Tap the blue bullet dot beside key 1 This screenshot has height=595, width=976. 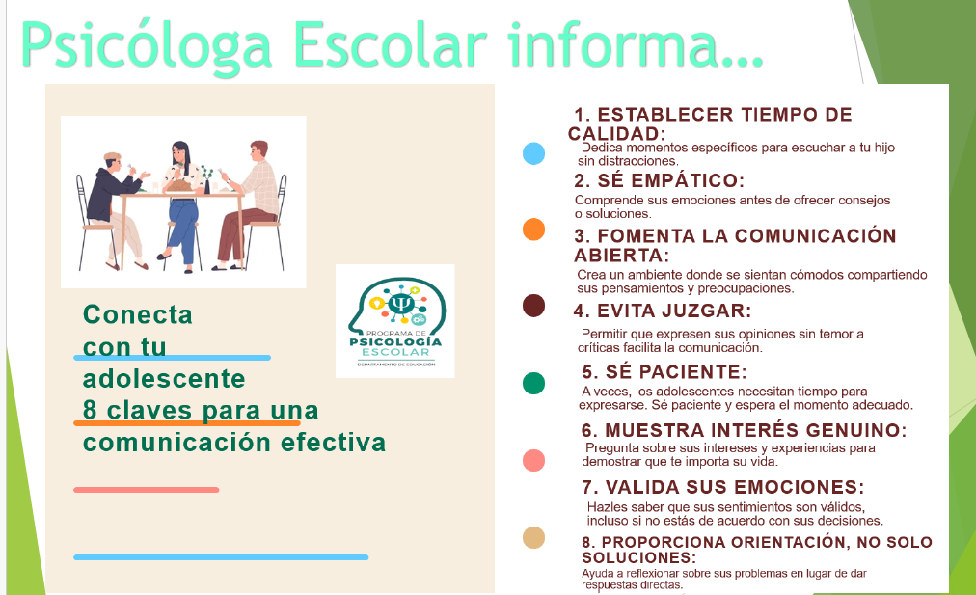point(533,153)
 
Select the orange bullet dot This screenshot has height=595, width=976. point(533,230)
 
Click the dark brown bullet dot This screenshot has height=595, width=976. point(533,306)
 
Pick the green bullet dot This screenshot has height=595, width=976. point(533,383)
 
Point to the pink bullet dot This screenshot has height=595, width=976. point(533,460)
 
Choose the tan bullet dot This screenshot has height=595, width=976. point(533,537)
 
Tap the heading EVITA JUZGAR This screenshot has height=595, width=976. point(662,311)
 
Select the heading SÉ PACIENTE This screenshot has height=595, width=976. point(664,371)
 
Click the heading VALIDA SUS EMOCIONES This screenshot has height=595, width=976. point(722,487)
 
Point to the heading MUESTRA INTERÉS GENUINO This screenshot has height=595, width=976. point(744,430)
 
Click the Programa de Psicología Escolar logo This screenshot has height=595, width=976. point(394,321)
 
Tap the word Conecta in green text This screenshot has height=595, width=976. point(138,315)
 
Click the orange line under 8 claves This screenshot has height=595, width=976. point(188,422)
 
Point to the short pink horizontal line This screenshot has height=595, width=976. point(146,490)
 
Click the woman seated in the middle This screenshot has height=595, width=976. point(182,203)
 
